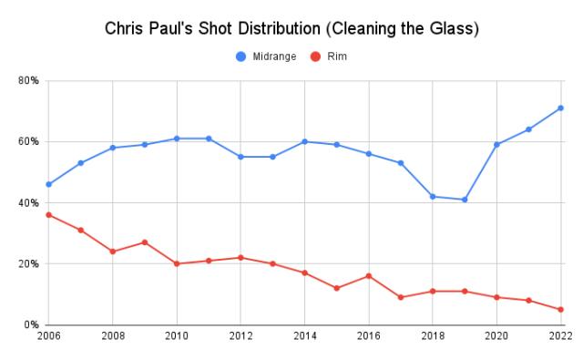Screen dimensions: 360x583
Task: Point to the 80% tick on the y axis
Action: [28, 81]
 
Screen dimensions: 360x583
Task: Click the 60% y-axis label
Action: [28, 142]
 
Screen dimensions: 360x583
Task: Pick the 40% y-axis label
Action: [28, 203]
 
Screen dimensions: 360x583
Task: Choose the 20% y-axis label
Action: [28, 264]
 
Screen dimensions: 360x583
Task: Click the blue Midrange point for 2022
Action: [560, 108]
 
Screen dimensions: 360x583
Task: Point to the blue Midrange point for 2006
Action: [48, 184]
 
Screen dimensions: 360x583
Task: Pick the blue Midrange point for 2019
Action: [465, 200]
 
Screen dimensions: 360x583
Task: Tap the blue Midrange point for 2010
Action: [177, 139]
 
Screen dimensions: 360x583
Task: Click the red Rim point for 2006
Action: [48, 215]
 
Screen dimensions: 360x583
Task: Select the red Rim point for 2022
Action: [560, 310]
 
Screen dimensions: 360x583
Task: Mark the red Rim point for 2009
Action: [144, 242]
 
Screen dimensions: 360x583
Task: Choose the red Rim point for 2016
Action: [368, 276]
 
